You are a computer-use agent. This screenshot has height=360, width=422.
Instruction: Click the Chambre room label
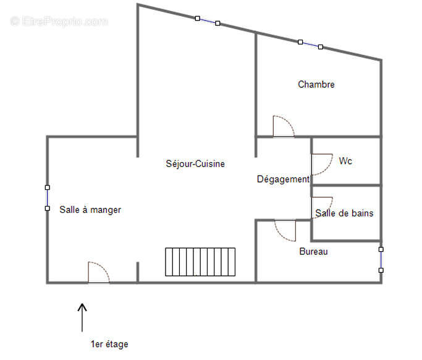(316, 84)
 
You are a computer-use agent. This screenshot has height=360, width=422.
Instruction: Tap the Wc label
(345, 161)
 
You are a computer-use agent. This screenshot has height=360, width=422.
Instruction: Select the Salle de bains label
(344, 213)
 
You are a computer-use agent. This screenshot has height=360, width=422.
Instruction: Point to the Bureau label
(313, 252)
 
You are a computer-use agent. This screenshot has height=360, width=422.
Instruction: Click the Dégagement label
(283, 179)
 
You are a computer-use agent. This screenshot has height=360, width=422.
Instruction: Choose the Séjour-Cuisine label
(195, 164)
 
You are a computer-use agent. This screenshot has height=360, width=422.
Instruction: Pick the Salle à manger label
(90, 210)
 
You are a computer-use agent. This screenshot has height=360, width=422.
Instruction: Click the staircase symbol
(200, 262)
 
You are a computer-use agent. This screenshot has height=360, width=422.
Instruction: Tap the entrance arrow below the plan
(82, 317)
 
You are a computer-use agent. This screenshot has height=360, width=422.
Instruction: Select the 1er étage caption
(109, 344)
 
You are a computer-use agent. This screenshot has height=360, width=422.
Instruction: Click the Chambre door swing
(283, 126)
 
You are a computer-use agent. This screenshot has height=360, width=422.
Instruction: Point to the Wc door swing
(321, 163)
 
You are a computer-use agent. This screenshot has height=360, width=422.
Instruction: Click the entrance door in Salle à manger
(99, 273)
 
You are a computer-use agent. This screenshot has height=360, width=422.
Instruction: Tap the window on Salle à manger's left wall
(47, 197)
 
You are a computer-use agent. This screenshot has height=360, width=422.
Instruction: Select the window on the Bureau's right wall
(381, 260)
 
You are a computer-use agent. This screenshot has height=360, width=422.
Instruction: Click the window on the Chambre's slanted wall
(310, 45)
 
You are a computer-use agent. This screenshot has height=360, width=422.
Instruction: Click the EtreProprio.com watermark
(59, 21)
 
